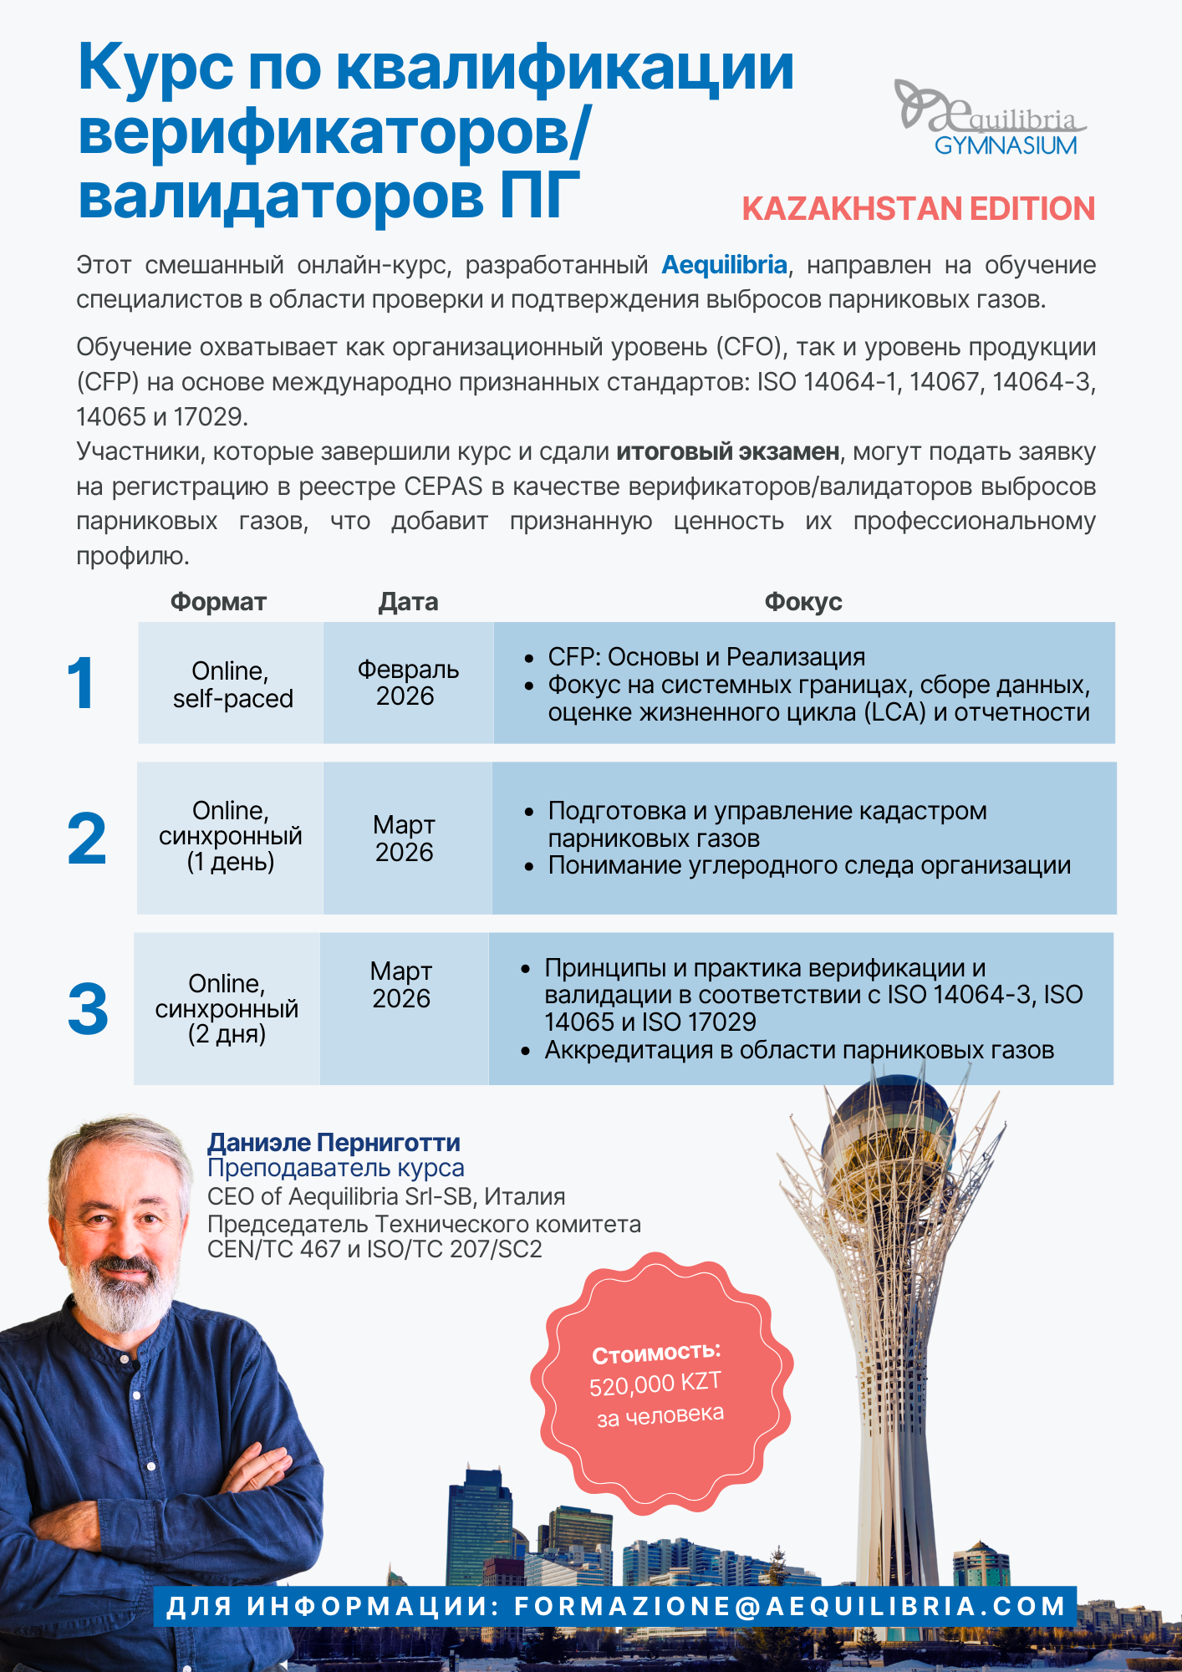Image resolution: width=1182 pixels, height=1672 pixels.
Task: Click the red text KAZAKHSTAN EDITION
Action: (918, 209)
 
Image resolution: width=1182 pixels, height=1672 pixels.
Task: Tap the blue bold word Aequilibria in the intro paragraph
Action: (724, 265)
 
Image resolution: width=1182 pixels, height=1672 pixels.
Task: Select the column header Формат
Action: (218, 602)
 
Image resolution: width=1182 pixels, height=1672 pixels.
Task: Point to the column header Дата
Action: (408, 602)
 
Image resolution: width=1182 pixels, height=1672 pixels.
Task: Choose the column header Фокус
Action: (802, 602)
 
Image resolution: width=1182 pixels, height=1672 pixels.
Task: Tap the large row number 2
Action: (86, 839)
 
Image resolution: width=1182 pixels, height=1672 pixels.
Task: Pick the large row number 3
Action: (88, 1009)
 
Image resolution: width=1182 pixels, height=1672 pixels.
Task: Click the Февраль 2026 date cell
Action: (408, 683)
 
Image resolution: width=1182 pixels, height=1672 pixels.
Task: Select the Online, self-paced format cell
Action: (232, 685)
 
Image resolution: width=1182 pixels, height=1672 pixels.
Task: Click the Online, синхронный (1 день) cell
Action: (231, 837)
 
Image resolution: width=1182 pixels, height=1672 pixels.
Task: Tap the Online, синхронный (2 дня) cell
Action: (227, 1009)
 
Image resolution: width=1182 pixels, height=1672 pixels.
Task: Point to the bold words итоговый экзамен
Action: (727, 451)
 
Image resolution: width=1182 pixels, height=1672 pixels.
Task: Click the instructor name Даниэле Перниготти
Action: (334, 1142)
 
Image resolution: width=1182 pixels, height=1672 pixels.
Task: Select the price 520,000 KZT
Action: (655, 1384)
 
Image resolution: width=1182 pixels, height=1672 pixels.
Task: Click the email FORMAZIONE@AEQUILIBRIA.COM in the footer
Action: (790, 1606)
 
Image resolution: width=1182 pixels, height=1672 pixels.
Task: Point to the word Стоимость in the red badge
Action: (655, 1353)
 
